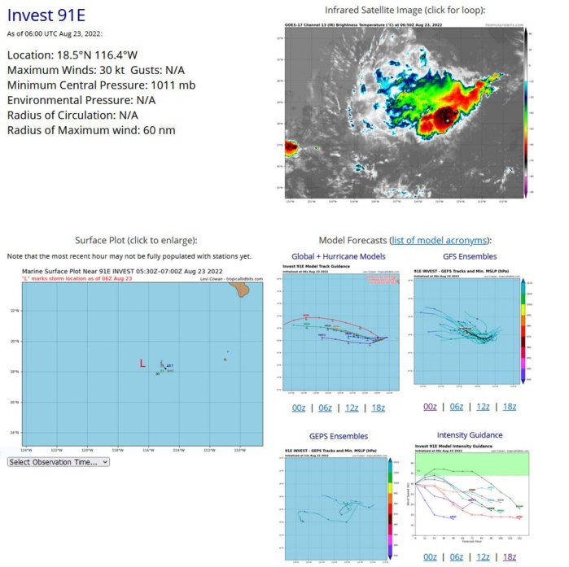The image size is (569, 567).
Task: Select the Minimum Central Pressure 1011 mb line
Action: pos(100,85)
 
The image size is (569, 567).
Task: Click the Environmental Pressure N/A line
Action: pos(81,99)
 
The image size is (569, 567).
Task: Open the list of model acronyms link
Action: pos(440,240)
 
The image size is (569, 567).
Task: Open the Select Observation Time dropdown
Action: pos(58,462)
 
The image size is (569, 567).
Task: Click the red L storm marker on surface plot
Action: pos(143,364)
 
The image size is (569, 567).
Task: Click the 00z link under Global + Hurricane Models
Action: pos(299,407)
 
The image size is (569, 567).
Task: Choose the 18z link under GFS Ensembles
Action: pos(509,407)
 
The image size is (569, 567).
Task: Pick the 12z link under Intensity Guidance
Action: pos(483,556)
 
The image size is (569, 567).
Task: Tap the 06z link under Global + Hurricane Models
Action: pos(325,407)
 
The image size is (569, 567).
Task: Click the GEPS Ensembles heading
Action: pos(339,436)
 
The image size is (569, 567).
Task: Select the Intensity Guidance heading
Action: pos(470,435)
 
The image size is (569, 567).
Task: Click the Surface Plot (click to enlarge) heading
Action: pos(135,240)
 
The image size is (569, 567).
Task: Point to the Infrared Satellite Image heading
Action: pos(405,10)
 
